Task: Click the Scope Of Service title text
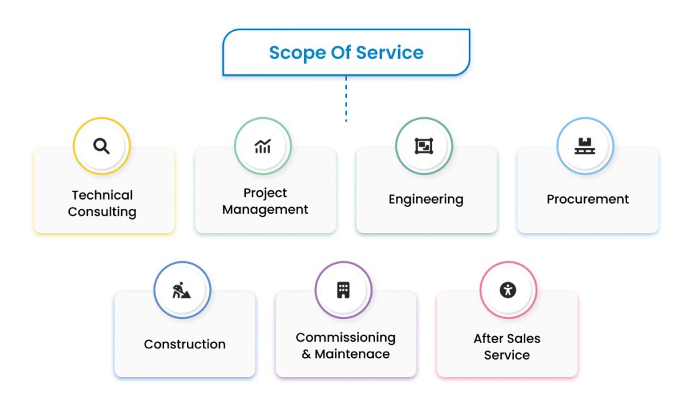(346, 52)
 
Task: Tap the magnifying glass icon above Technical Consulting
(101, 146)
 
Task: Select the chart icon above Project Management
(263, 146)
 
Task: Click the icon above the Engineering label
(423, 146)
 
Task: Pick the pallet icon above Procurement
(585, 146)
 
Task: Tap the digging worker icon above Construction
(182, 290)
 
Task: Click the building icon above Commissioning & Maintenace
(343, 290)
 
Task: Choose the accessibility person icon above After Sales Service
(508, 290)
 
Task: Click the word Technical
(102, 195)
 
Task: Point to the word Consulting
(102, 212)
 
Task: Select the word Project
(265, 193)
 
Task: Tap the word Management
(265, 210)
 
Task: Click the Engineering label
(426, 199)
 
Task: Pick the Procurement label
(588, 199)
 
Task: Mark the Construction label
(185, 344)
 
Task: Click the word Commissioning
(346, 337)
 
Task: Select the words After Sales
(507, 338)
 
